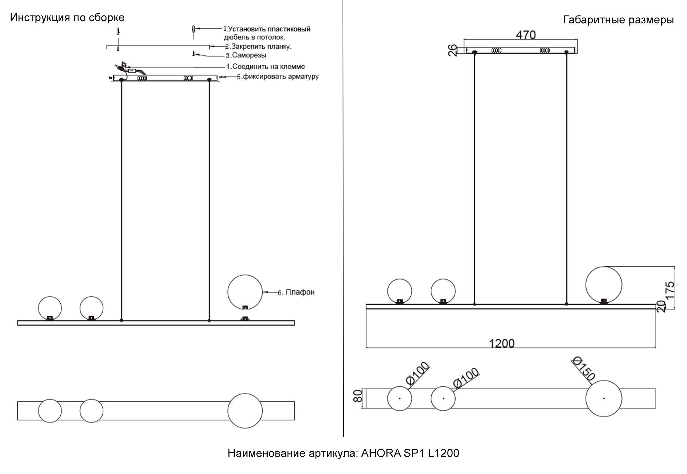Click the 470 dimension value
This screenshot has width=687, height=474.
pyautogui.click(x=526, y=35)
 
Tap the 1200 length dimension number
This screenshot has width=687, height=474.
pyautogui.click(x=502, y=343)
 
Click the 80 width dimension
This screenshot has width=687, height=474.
pyautogui.click(x=357, y=396)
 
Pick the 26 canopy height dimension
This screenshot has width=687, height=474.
pyautogui.click(x=453, y=50)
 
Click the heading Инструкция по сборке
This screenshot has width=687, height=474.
pyautogui.click(x=67, y=18)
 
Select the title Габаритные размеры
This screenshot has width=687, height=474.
pyautogui.click(x=618, y=20)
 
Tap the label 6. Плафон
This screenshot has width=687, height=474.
pyautogui.click(x=296, y=292)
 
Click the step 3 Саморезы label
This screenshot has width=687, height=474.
pyautogui.click(x=246, y=55)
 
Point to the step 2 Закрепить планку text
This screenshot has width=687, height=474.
pyautogui.click(x=258, y=46)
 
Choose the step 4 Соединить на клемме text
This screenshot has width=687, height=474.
pyautogui.click(x=265, y=67)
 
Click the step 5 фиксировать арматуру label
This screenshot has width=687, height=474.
pyautogui.click(x=278, y=76)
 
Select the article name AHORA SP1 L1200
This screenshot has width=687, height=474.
pyautogui.click(x=410, y=453)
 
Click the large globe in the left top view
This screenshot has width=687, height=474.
pyautogui.click(x=245, y=411)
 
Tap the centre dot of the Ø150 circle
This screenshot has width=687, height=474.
pyautogui.click(x=604, y=398)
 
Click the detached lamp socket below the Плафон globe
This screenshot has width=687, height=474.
pyautogui.click(x=245, y=319)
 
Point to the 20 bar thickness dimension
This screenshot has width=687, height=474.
pyautogui.click(x=661, y=307)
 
